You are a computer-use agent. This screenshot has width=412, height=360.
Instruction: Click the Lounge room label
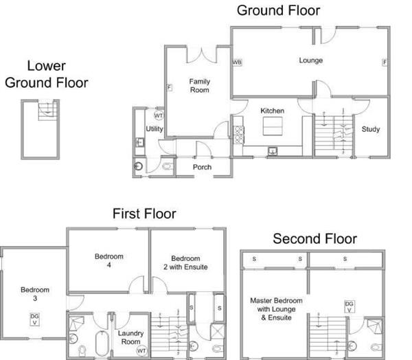310,60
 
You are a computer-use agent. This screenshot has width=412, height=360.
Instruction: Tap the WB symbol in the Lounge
237,63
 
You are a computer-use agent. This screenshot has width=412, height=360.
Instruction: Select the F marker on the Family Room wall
170,87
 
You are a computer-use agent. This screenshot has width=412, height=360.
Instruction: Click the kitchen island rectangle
273,126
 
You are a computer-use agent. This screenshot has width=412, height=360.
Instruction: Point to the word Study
371,129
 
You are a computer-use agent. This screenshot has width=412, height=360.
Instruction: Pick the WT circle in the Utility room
159,115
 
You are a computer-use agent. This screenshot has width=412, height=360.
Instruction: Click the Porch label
202,167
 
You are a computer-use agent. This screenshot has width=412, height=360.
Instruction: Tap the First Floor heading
144,213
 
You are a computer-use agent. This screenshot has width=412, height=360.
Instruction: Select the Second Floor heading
314,239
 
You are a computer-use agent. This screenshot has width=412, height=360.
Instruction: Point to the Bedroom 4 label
109,260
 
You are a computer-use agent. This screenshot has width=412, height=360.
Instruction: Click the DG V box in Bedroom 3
34,319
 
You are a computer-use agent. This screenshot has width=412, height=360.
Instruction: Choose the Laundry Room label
130,337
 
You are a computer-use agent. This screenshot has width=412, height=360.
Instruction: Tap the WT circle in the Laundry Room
141,351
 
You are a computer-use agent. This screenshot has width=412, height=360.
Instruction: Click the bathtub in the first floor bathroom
102,344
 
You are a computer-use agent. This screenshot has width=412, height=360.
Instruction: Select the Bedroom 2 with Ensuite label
185,262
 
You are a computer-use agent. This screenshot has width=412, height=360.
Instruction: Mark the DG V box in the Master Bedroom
349,307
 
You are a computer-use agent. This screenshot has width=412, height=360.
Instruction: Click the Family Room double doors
201,56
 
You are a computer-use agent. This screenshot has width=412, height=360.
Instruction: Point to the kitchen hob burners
238,135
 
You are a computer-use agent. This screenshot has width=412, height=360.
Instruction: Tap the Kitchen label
272,111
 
